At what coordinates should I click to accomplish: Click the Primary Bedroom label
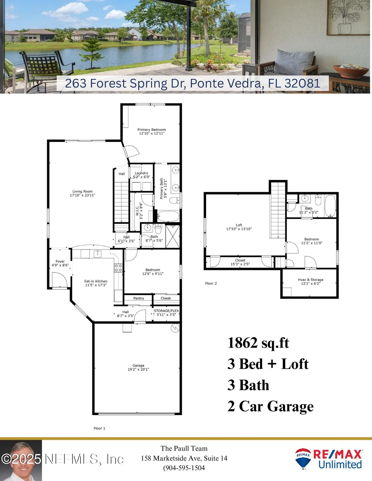[x=151, y=130]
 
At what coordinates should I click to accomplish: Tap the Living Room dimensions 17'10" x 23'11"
[x=82, y=195]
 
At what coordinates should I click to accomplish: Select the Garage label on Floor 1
[x=138, y=366]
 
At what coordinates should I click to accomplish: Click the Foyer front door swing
[x=59, y=280]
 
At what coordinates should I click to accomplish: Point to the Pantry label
[x=139, y=298]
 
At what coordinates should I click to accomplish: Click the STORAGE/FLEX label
[x=166, y=311]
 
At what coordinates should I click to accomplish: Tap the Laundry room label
[x=142, y=173]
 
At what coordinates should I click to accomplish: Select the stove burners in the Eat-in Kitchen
[x=118, y=268]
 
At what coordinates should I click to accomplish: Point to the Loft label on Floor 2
[x=239, y=225]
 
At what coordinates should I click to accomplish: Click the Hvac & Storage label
[x=310, y=280]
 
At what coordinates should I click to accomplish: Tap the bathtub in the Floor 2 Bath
[x=330, y=206]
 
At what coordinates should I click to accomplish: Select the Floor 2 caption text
[x=211, y=283]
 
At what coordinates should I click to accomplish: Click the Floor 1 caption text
[x=99, y=428]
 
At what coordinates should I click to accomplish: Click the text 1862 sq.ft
[x=258, y=343]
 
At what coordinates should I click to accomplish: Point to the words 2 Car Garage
[x=270, y=406]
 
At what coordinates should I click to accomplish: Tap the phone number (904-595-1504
[x=184, y=468]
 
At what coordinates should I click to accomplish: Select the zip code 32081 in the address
[x=302, y=83]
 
